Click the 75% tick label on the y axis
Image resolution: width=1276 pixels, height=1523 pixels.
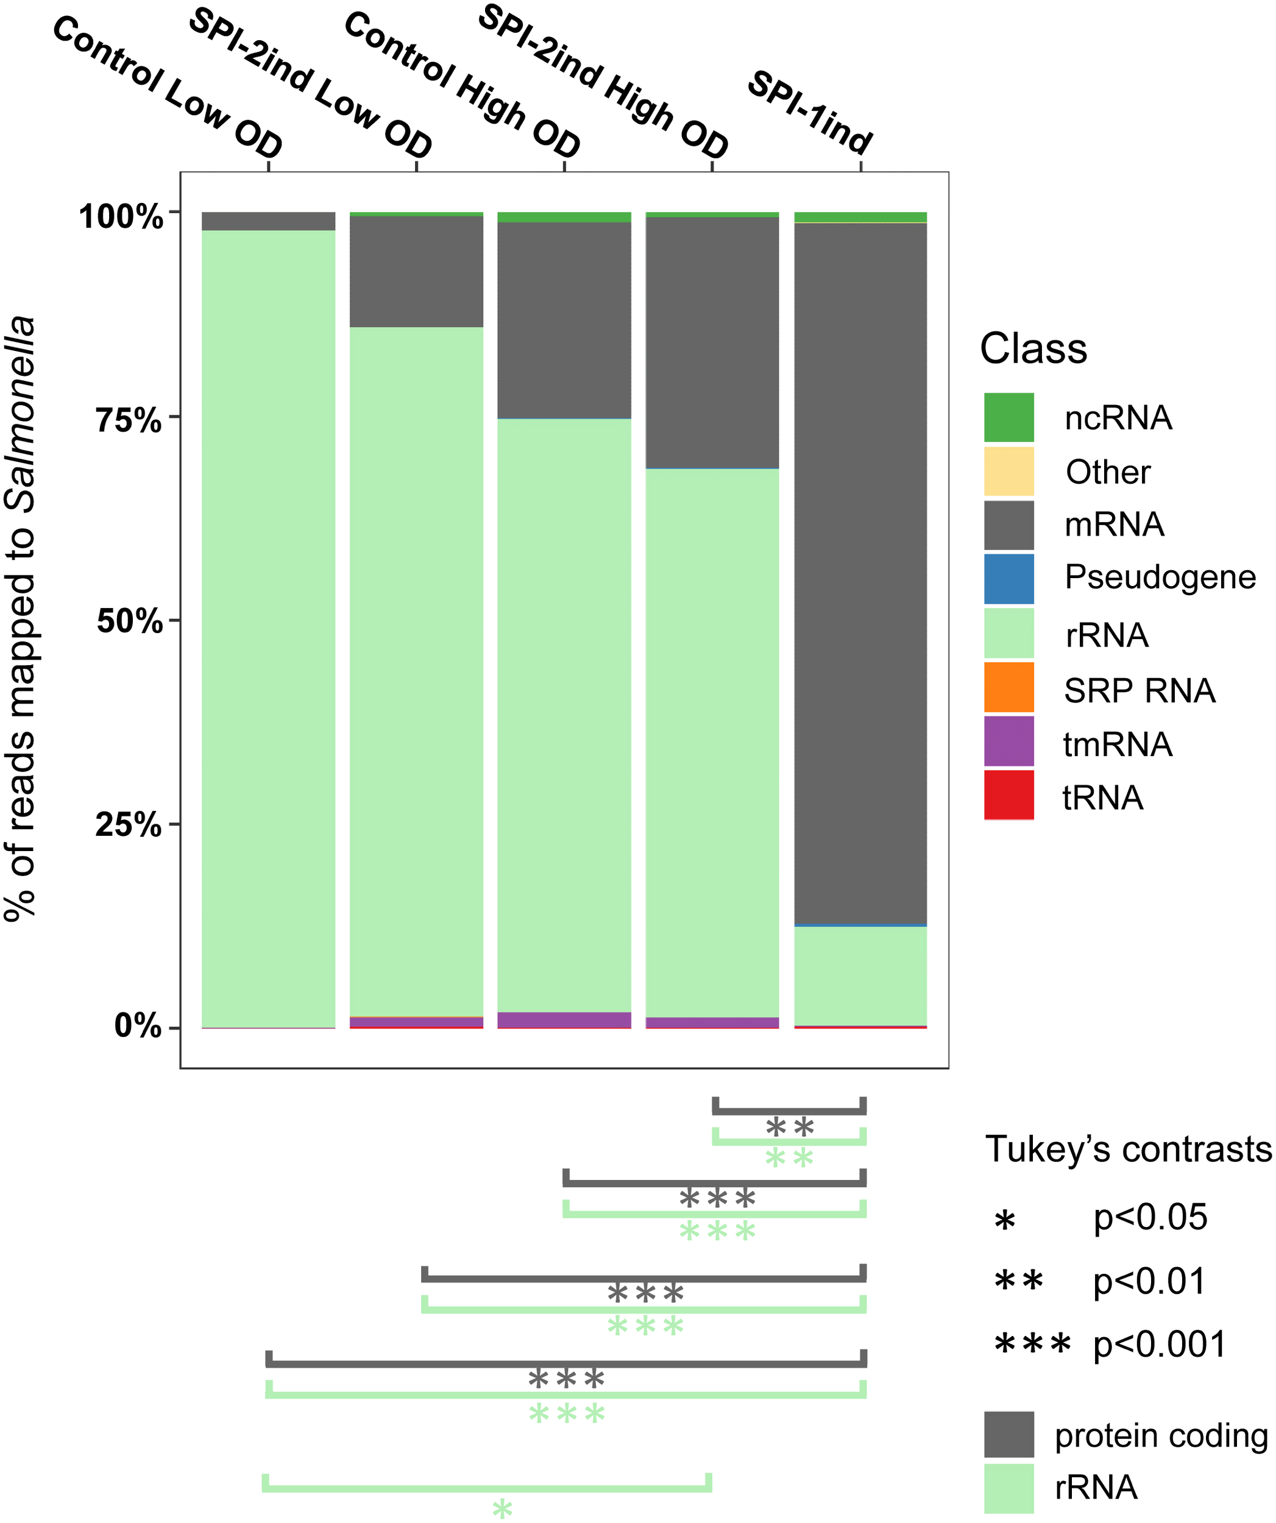[x=129, y=420]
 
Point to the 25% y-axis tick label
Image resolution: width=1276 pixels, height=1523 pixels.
[x=129, y=825]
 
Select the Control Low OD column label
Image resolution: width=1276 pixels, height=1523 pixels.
[x=168, y=87]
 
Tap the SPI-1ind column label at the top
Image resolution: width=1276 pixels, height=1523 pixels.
[x=810, y=113]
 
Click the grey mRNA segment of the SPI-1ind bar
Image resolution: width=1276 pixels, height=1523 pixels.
[x=860, y=573]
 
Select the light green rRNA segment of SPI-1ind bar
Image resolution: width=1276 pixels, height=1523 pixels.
[x=860, y=976]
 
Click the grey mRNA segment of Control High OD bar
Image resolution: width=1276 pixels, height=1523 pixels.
[x=564, y=320]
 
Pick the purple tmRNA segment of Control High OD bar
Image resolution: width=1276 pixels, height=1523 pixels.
[x=564, y=1020]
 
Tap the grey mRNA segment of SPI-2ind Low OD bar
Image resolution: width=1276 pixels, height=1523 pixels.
[x=416, y=271]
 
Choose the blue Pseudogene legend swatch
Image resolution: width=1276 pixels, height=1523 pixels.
[x=1008, y=579]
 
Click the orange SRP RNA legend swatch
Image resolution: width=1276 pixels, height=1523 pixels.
[x=1008, y=687]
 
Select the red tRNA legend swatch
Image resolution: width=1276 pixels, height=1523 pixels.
[x=1008, y=795]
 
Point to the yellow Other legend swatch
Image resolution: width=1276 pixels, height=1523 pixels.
[x=1008, y=472]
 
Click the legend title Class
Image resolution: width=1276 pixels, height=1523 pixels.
[x=1033, y=349]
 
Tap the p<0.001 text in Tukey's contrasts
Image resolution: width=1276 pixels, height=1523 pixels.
[x=1159, y=1345]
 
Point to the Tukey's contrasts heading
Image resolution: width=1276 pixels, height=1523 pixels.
[x=1128, y=1150]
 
